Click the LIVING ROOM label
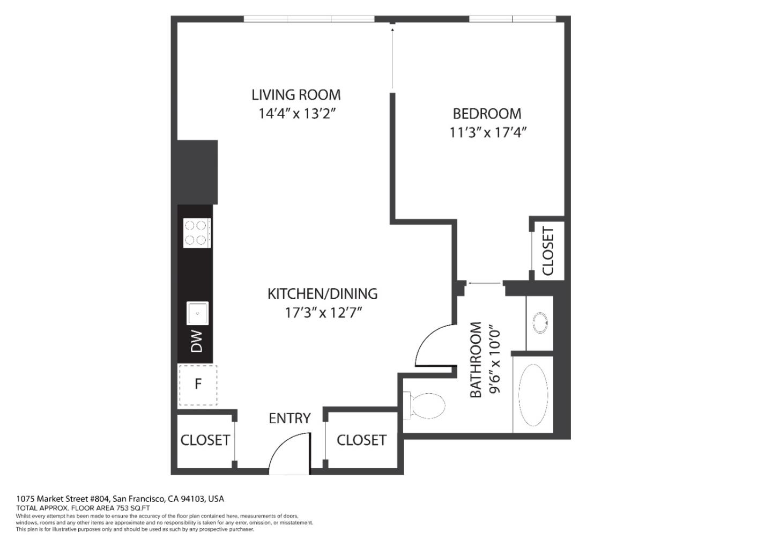click(x=296, y=95)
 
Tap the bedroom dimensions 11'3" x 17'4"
click(x=488, y=132)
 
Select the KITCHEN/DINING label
click(x=322, y=294)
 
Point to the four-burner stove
click(x=196, y=233)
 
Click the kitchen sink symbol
click(x=197, y=313)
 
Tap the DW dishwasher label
click(x=197, y=341)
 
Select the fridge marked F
click(x=198, y=385)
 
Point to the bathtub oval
click(x=533, y=394)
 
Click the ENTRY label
click(x=289, y=418)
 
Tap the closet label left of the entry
click(x=205, y=440)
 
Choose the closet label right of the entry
click(x=361, y=440)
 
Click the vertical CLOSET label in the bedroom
click(x=548, y=251)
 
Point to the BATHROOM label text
click(x=476, y=360)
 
